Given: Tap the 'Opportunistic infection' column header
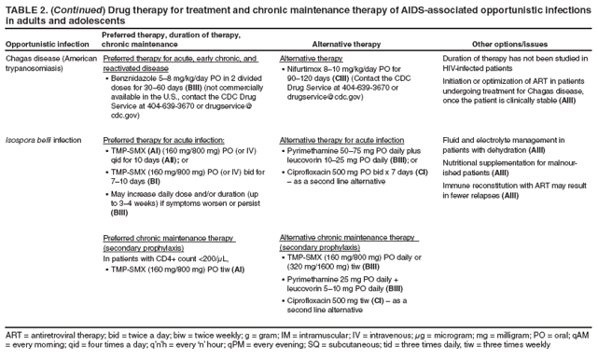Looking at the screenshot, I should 48,44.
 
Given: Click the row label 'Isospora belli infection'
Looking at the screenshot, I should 43,140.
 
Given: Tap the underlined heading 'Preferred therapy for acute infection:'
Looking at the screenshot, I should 160,140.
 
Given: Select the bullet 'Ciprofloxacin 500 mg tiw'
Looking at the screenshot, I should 345,301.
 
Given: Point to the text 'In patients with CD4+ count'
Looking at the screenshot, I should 155,258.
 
